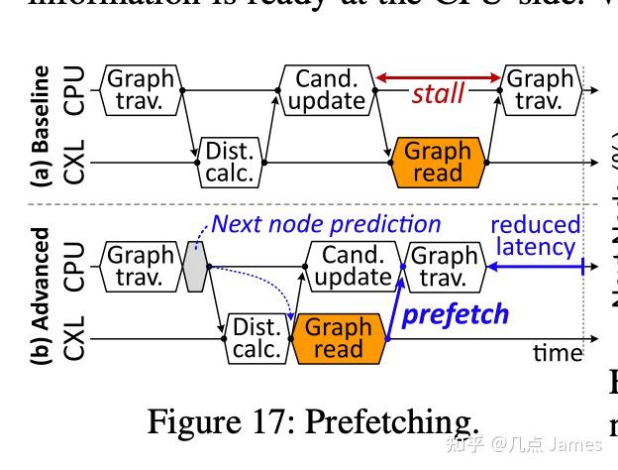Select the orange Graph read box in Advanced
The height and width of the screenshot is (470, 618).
pyautogui.click(x=338, y=338)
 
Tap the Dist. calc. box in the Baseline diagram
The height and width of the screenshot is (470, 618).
pyautogui.click(x=230, y=162)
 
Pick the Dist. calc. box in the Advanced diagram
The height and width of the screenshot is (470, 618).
pyautogui.click(x=257, y=338)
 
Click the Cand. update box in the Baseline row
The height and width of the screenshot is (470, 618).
pyautogui.click(x=326, y=89)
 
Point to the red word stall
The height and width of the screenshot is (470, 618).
pyautogui.click(x=438, y=94)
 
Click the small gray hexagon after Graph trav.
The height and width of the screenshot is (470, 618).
pyautogui.click(x=195, y=265)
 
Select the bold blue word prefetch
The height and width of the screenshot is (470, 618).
pyautogui.click(x=456, y=314)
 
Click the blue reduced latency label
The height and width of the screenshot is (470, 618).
pyautogui.click(x=535, y=235)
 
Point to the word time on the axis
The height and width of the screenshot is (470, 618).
pyautogui.click(x=558, y=352)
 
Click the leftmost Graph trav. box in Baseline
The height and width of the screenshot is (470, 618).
pyautogui.click(x=140, y=89)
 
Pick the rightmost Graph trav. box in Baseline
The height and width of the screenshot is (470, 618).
pyautogui.click(x=540, y=89)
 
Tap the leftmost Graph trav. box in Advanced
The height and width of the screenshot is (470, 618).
pyautogui.click(x=140, y=266)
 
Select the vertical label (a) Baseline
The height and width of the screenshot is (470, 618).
pyautogui.click(x=42, y=126)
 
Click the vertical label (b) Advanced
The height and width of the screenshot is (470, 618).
pyautogui.click(x=42, y=298)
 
